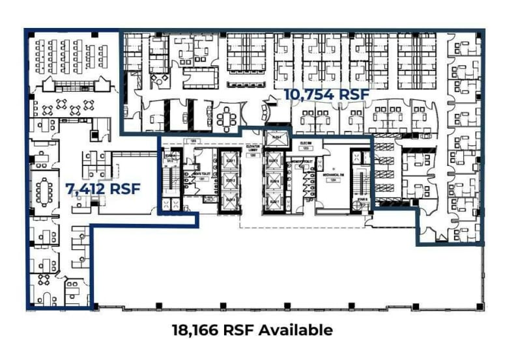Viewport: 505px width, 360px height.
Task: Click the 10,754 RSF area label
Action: [326, 95]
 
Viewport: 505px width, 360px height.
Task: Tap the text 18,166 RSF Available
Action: [252, 330]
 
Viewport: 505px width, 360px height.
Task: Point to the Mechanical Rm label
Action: [332, 175]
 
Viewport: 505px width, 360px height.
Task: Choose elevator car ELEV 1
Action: [230, 161]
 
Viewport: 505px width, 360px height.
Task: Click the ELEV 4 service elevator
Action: [275, 138]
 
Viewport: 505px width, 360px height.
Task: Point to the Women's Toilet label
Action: [304, 161]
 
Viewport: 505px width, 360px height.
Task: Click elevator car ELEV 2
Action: [230, 180]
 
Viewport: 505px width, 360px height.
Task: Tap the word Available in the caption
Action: [296, 330]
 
